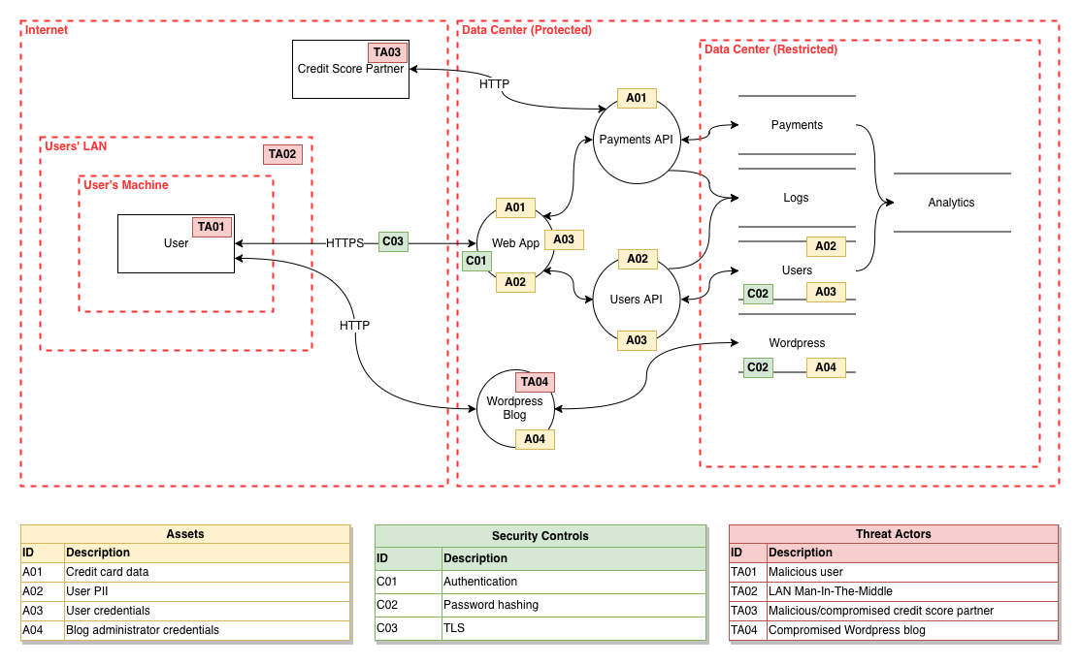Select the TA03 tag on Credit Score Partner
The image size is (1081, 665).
point(386,52)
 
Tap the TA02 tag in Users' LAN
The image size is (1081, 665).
point(282,154)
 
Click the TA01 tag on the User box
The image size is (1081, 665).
point(212,227)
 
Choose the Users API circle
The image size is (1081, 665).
point(636,299)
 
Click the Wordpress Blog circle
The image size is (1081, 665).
point(514,408)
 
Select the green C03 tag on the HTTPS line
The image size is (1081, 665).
point(393,242)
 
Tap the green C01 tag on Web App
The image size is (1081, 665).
point(476,261)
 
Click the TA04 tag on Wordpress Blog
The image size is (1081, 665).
point(535,382)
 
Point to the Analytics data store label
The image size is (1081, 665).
point(951,203)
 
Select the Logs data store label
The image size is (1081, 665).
point(796,198)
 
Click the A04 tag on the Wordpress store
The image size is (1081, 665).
point(826,367)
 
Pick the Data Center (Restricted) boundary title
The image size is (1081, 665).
point(770,49)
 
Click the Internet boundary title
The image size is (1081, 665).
point(47,30)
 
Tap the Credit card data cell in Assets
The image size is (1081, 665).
point(108,572)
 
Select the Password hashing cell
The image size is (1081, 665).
point(491,605)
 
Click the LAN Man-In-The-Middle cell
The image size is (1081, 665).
point(831,591)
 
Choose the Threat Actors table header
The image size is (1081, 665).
point(893,534)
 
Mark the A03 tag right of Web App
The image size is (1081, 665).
point(564,239)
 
